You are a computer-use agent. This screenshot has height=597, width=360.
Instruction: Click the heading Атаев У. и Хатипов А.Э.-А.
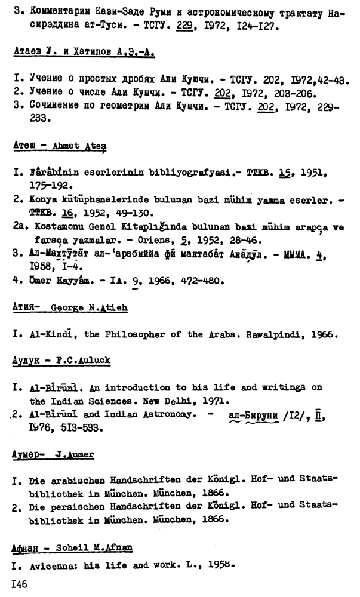84,53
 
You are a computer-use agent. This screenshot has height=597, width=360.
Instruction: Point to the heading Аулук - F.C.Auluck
69,362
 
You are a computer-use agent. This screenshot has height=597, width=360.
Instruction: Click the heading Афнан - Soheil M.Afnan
72,547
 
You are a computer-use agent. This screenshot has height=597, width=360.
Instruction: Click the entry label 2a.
18,227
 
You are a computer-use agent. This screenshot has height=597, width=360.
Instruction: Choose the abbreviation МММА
307,253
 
